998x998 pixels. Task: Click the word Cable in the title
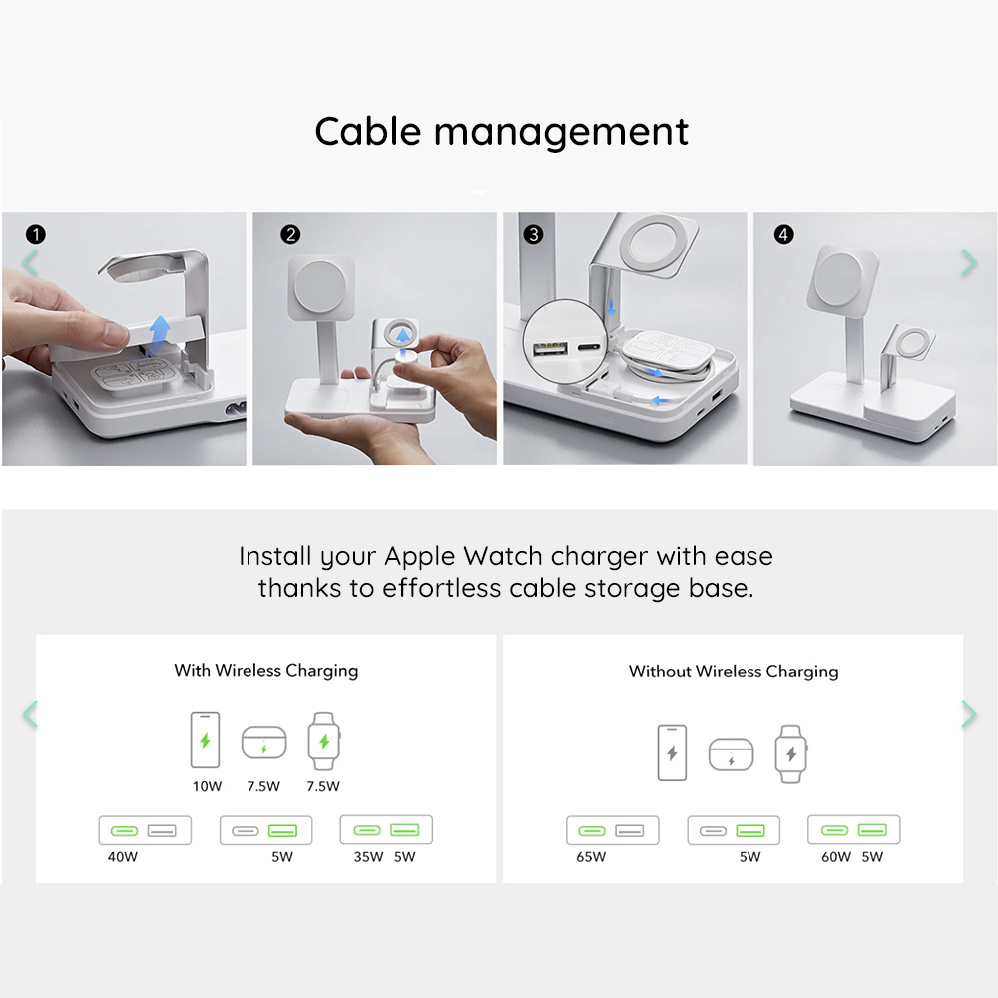pos(368,132)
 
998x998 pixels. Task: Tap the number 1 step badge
pos(36,235)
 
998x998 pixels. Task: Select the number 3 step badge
pos(533,235)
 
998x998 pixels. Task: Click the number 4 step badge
pos(783,235)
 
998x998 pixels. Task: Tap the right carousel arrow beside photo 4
pos(969,262)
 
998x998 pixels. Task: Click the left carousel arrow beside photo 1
pos(30,262)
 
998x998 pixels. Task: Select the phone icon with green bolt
pos(205,740)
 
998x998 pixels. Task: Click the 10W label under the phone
pos(207,786)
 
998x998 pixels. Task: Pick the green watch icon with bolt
pos(324,741)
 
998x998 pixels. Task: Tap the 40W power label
pos(122,856)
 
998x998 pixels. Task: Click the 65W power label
pos(591,856)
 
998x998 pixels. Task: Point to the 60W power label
pos(835,856)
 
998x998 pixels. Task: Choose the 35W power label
pos(368,856)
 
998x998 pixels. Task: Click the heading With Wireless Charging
pos(266,671)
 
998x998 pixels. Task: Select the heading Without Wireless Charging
pos(734,672)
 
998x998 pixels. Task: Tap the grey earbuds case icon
pos(731,754)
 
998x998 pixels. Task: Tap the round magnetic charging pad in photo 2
pos(319,287)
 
